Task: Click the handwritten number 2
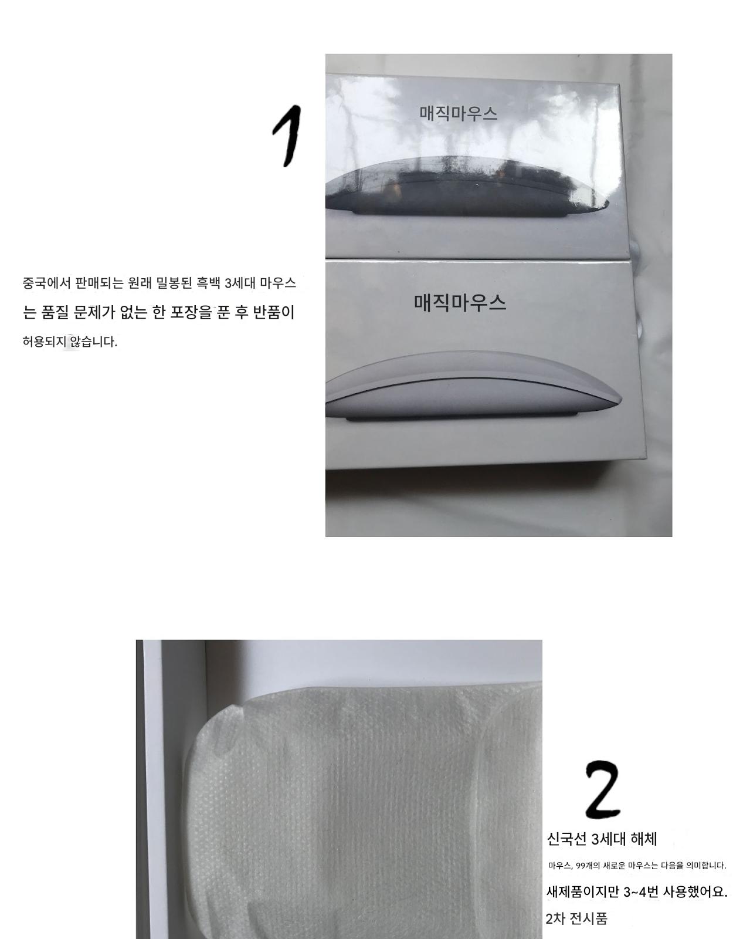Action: (603, 789)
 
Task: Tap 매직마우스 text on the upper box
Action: (459, 114)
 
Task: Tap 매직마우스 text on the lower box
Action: (460, 302)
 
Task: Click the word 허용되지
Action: (44, 342)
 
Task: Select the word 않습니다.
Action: (94, 342)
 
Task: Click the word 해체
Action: (644, 839)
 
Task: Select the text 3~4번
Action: (641, 891)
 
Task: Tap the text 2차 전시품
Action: (576, 918)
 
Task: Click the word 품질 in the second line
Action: (55, 312)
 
